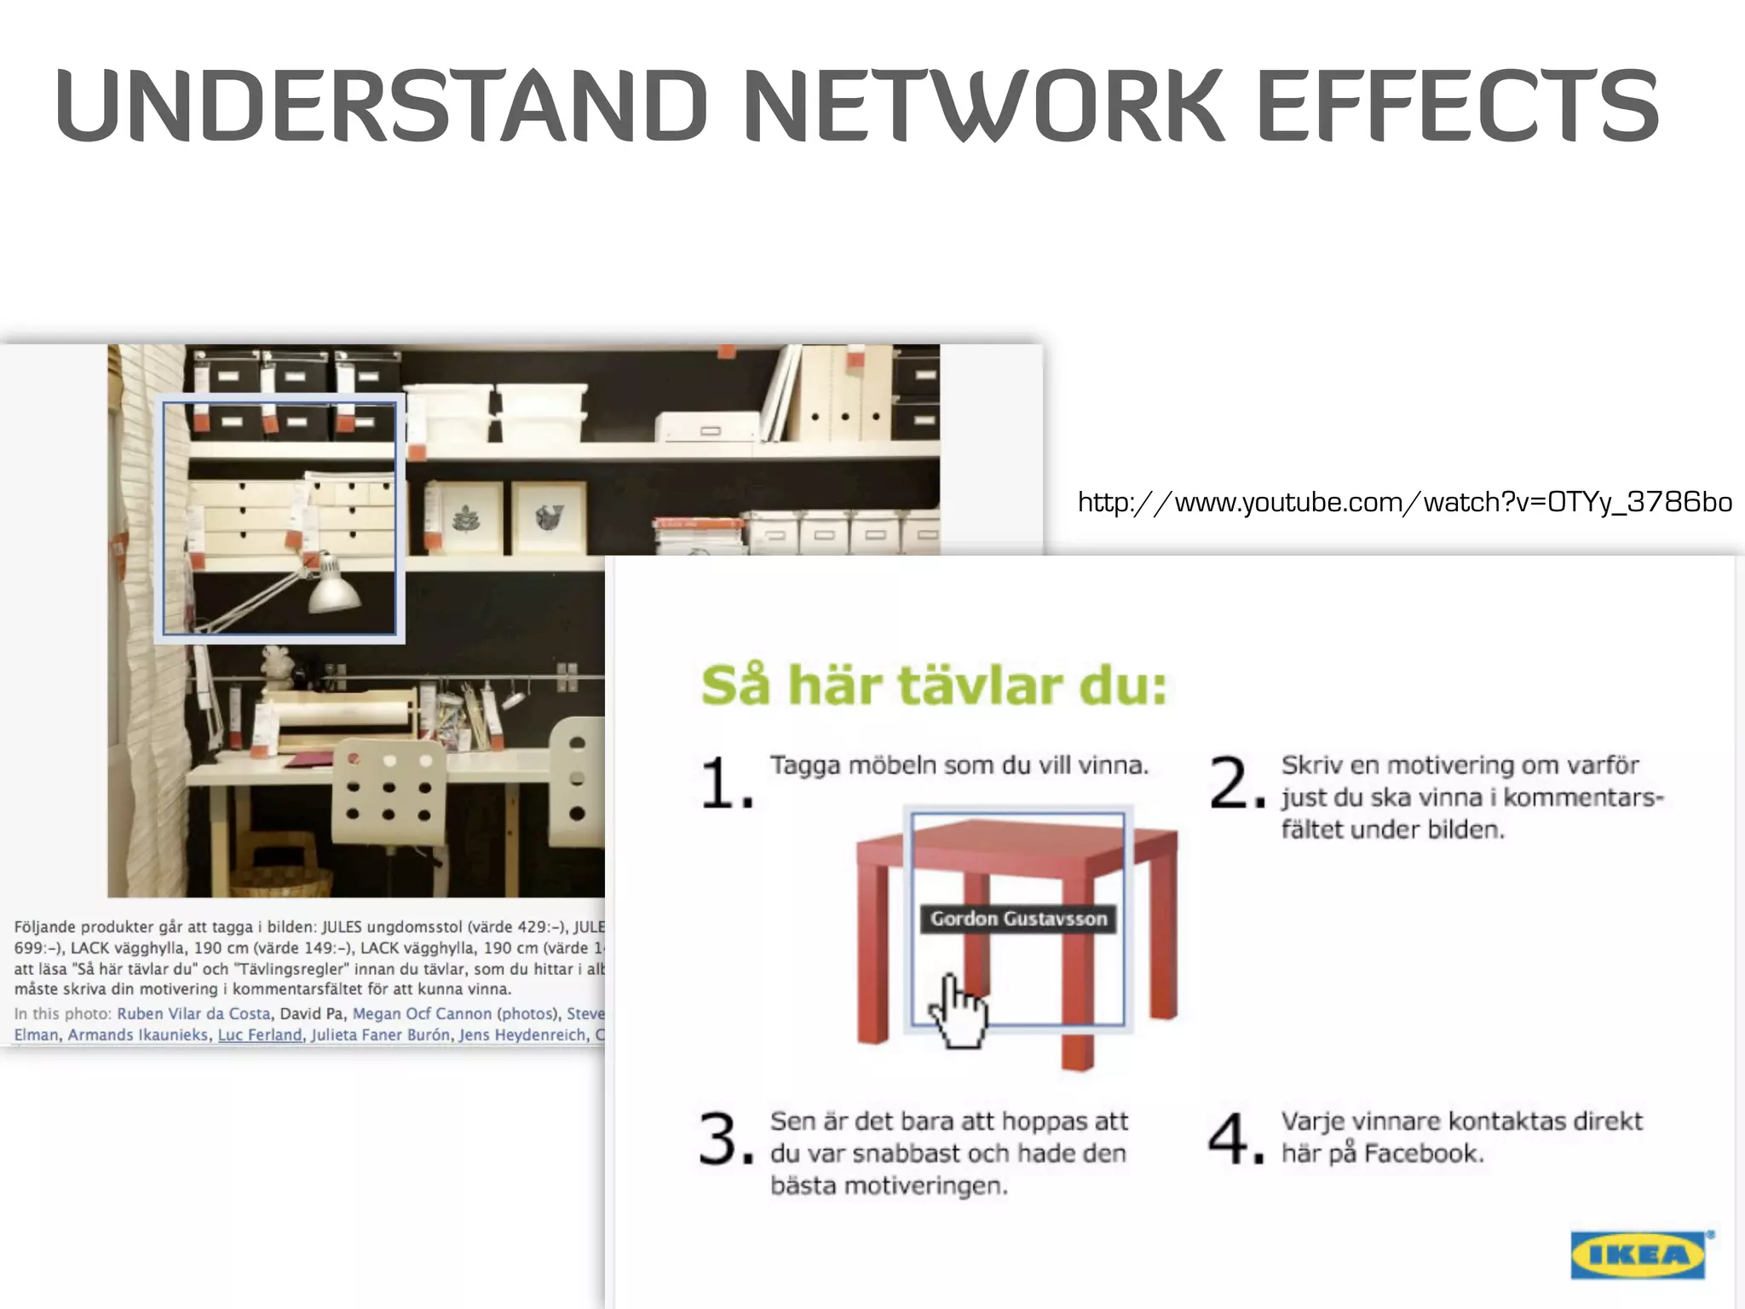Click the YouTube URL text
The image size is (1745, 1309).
pos(1404,502)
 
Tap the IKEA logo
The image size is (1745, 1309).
pos(1638,1254)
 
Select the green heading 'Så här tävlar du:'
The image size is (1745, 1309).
pos(934,685)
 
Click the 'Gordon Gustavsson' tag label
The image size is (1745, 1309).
pos(1018,919)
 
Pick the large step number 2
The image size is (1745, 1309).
pos(1233,782)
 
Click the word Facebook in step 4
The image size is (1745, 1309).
pos(1422,1154)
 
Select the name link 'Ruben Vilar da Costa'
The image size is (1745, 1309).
pos(193,1013)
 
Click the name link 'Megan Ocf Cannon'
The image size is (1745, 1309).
pos(422,1013)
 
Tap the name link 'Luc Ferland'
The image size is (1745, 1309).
pos(260,1035)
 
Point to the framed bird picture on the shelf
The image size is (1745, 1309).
pos(549,517)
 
